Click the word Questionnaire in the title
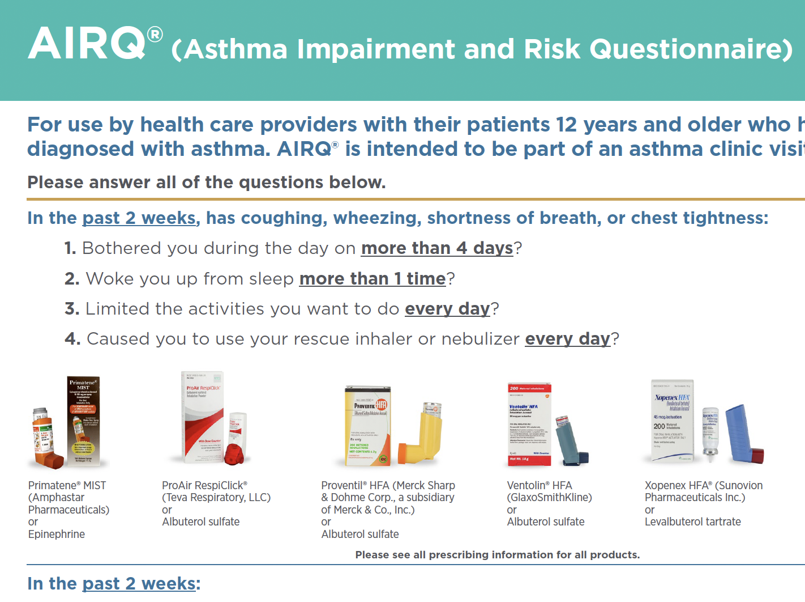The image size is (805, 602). click(x=691, y=49)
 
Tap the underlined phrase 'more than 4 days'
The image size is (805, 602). click(x=436, y=248)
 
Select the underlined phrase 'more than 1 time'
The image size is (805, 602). click(x=372, y=279)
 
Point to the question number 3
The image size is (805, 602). click(x=71, y=309)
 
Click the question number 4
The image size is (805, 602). click(x=72, y=339)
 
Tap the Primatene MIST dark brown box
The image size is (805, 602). click(x=83, y=420)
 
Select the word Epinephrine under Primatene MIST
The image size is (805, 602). click(x=57, y=534)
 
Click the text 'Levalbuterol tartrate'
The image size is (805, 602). click(x=692, y=522)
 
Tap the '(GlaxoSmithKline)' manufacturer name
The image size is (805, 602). click(x=549, y=497)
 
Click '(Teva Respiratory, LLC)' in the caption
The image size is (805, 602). click(x=216, y=497)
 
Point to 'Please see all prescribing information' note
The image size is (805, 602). click(x=497, y=554)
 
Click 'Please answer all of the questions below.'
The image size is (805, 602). click(x=206, y=183)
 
